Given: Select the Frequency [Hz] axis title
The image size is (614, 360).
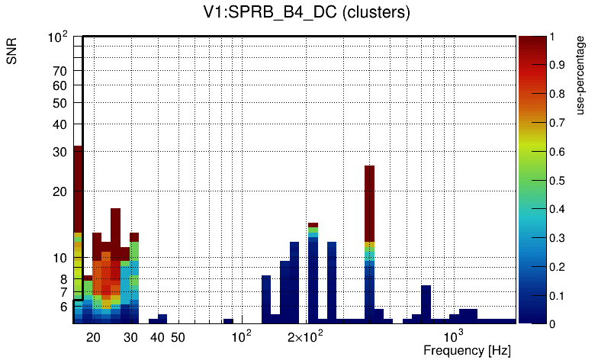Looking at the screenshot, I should pos(466,350).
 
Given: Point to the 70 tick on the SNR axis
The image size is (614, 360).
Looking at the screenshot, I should pos(60,71).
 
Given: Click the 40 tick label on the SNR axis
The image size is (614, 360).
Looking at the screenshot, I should pos(60,124).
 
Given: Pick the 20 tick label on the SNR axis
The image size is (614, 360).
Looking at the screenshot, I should pos(60,191).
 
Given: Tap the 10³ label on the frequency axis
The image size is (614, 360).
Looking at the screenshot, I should pos(454,336).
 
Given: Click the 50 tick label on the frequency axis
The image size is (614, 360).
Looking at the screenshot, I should pos(177,337).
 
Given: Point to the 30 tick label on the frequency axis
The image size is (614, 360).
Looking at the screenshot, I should pos(130,337).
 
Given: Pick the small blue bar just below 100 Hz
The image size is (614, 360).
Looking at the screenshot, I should pos(228,321).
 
